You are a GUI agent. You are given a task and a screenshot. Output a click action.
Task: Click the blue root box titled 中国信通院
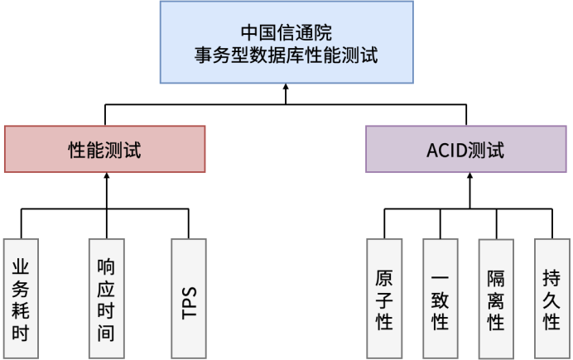coord(286,42)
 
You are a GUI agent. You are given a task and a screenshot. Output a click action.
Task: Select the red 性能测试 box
coord(104,149)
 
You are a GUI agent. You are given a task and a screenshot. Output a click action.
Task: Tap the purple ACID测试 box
coord(465,149)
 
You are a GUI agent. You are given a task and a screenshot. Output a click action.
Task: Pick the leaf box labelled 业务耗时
coord(21,298)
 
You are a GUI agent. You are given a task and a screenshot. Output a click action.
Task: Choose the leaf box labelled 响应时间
coord(106,298)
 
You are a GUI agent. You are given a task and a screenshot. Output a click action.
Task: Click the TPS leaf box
coord(190,298)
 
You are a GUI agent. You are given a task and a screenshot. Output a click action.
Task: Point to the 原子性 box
coord(384,298)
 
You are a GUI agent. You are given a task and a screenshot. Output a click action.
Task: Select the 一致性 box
coord(440,298)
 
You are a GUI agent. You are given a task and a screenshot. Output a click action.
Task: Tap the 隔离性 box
coord(495,298)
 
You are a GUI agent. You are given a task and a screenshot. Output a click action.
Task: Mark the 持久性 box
coord(551,298)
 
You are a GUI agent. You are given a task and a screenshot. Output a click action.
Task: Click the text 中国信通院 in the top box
coord(286,32)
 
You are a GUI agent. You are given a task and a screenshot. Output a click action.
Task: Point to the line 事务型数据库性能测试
coord(286,55)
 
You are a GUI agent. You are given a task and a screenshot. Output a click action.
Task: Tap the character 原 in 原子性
coord(384,276)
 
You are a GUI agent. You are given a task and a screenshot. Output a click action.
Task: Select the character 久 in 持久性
coord(551,299)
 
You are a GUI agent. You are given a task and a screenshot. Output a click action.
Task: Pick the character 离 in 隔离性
coord(495,299)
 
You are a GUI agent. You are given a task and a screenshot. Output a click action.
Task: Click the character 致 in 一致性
coord(440,299)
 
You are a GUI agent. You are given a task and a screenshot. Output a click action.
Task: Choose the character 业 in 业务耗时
coord(21,266)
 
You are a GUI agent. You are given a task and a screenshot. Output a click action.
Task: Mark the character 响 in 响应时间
coord(106,266)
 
